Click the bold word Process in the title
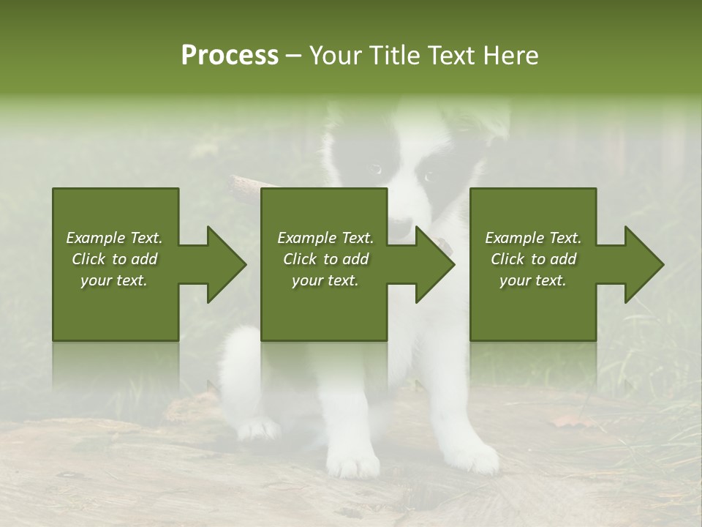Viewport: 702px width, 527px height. tap(230, 56)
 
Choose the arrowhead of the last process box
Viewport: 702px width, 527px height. tap(643, 264)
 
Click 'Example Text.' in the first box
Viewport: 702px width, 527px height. tap(114, 238)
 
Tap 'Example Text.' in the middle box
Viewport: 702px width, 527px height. tap(325, 238)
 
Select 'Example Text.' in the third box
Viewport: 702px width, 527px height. tap(533, 238)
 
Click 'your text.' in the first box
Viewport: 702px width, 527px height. tap(114, 280)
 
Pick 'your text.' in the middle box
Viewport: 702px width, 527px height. tap(325, 280)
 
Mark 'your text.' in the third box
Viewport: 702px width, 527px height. tap(533, 280)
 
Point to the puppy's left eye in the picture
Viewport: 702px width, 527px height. tap(377, 170)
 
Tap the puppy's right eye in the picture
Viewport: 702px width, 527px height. tap(427, 176)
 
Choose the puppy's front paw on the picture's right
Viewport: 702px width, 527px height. tap(474, 457)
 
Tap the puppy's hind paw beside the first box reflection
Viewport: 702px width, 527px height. tap(258, 428)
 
